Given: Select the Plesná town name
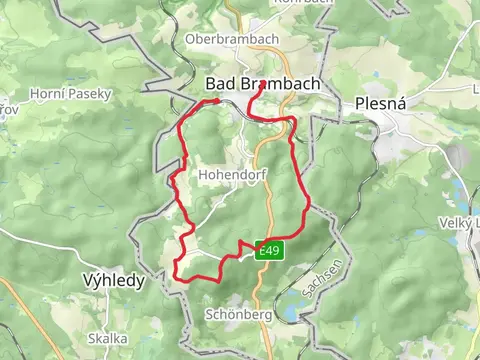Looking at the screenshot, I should pyautogui.click(x=378, y=103).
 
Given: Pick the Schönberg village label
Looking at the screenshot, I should pyautogui.click(x=239, y=314).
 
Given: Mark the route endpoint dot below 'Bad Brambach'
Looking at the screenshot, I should pyautogui.click(x=262, y=85).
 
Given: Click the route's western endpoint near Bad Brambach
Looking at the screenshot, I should pyautogui.click(x=217, y=101).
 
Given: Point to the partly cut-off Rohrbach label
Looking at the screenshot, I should pyautogui.click(x=297, y=3).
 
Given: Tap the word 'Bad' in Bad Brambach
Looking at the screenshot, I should pyautogui.click(x=220, y=84).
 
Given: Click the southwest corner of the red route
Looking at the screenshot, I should pyautogui.click(x=177, y=273).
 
